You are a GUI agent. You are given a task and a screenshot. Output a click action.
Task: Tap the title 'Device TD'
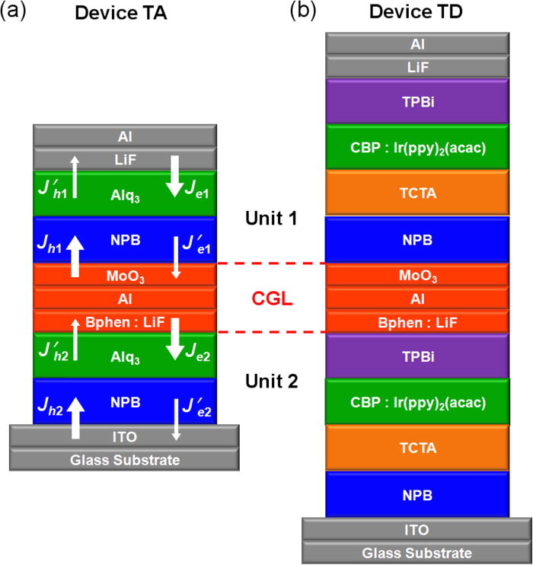tap(416, 13)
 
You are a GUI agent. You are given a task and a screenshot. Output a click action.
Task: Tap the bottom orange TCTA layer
tap(416, 448)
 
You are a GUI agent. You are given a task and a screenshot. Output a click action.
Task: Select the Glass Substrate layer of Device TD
tap(416, 553)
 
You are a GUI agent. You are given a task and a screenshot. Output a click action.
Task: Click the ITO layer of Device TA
tap(124, 437)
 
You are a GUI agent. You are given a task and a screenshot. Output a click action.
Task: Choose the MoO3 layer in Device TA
tap(124, 273)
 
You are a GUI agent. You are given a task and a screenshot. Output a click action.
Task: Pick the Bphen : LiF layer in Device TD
tap(416, 321)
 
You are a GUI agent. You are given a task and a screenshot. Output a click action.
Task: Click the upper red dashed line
tap(271, 264)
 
